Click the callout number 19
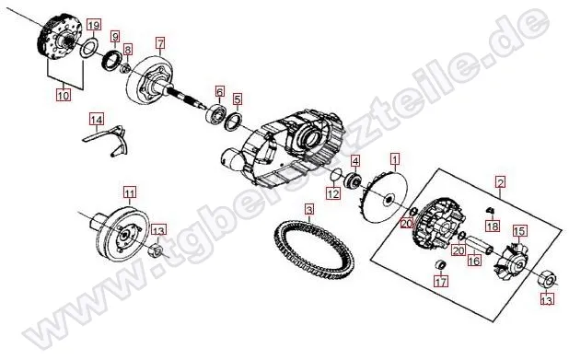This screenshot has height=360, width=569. pyautogui.click(x=94, y=26)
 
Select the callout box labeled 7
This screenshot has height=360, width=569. pyautogui.click(x=160, y=42)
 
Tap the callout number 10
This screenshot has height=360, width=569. pyautogui.click(x=64, y=95)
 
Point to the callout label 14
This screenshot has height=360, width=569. pyautogui.click(x=97, y=120)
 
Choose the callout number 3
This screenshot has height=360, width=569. pyautogui.click(x=308, y=209)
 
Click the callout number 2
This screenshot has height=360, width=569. pyautogui.click(x=501, y=181)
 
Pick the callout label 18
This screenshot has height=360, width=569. pyautogui.click(x=493, y=226)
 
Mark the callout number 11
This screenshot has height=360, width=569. pyautogui.click(x=130, y=192)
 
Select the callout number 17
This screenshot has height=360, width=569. pyautogui.click(x=441, y=281)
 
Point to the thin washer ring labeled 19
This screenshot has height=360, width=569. pyautogui.click(x=88, y=49)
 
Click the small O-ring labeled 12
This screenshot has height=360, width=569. pyautogui.click(x=336, y=175)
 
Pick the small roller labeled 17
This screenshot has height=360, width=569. pyautogui.click(x=440, y=265)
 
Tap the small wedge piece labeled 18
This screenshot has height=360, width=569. pyautogui.click(x=489, y=210)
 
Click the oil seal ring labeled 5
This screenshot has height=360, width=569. pyautogui.click(x=234, y=121)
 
